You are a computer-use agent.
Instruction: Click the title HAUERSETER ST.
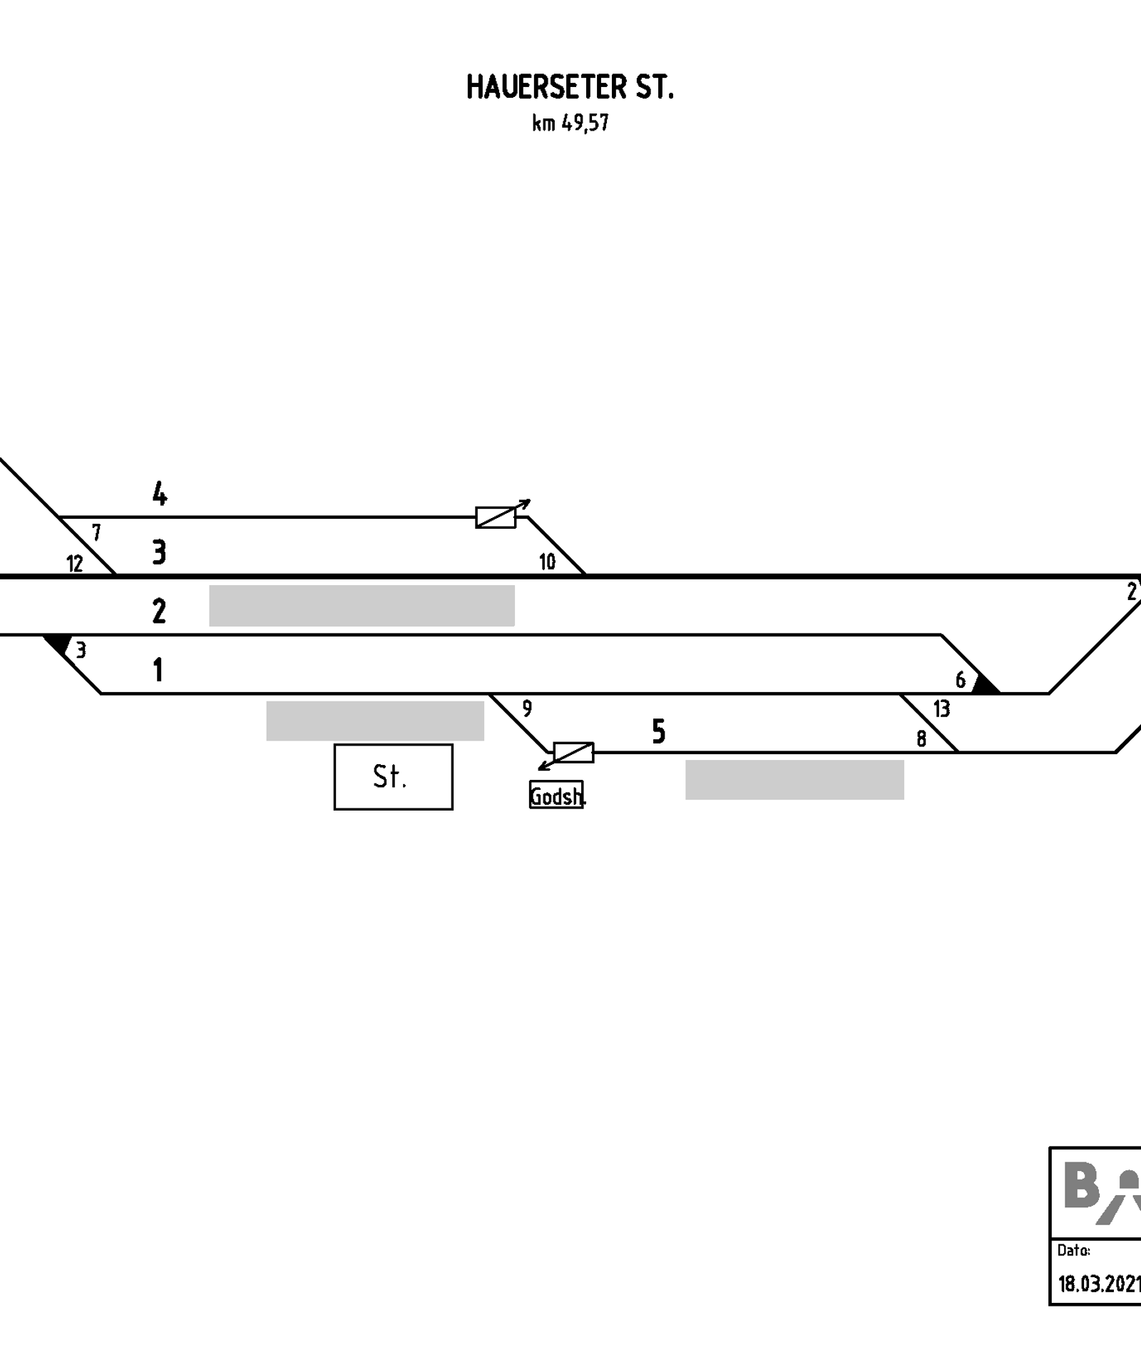coord(570,87)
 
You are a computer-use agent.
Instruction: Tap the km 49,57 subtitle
coord(570,123)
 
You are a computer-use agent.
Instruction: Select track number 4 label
coord(160,493)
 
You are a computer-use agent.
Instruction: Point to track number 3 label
coord(159,552)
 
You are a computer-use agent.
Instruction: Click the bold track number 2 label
coord(159,612)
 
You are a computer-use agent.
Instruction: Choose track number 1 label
coord(158,670)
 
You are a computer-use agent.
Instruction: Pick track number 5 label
coord(659,731)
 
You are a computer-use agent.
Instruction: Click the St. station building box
coord(393,777)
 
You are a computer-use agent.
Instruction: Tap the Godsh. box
coord(556,796)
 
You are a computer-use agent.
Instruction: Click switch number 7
coord(96,532)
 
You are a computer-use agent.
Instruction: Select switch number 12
coord(75,564)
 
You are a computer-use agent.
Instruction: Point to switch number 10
coord(547,562)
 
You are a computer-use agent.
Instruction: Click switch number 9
coord(527,709)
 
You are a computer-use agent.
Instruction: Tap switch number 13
coord(941,709)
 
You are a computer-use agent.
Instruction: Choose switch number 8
coord(921,739)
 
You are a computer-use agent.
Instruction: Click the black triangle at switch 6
coord(984,685)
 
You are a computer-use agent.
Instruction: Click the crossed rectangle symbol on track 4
coord(496,517)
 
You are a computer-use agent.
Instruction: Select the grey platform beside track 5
coord(795,780)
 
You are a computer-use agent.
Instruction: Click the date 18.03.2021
coord(1099,1284)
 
